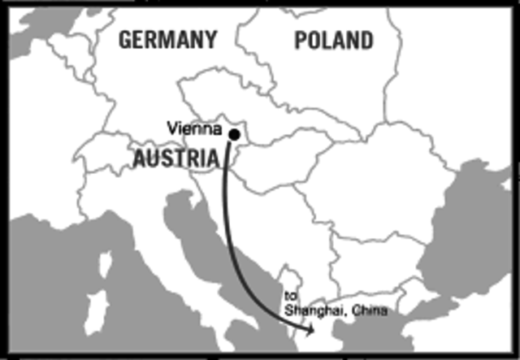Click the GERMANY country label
(169, 39)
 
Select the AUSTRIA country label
(175, 159)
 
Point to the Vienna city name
(194, 128)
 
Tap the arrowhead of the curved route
(310, 330)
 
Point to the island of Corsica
(105, 264)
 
